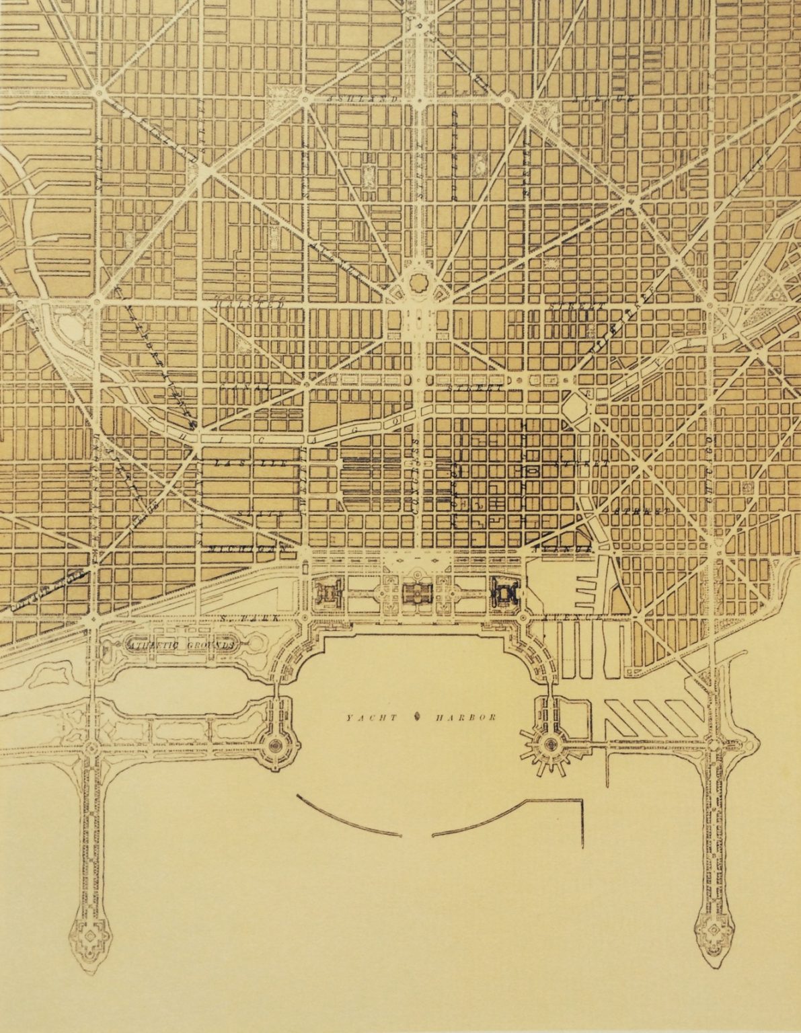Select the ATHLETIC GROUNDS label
click(182, 644)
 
